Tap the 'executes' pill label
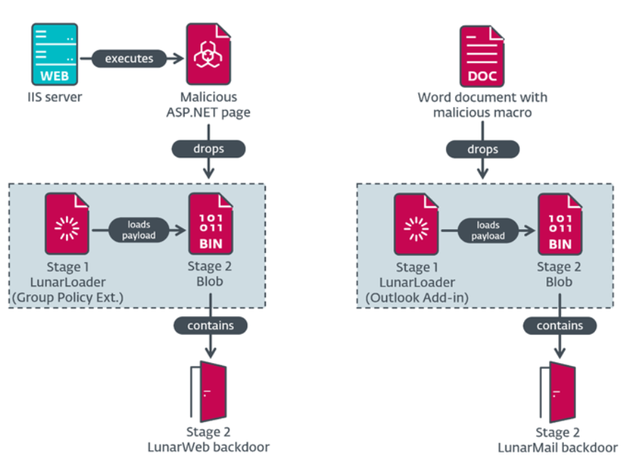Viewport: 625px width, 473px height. pos(129,58)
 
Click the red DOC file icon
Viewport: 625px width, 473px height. pos(483,55)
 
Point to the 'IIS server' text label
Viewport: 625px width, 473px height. pos(54,96)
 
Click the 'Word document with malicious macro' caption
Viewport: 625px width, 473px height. pos(483,104)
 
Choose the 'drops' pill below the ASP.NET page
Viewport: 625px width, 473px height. pos(209,150)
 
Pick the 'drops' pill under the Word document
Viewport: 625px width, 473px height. pos(483,150)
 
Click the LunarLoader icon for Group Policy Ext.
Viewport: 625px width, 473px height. pos(67,223)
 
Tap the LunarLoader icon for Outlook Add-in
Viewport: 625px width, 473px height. pos(415,223)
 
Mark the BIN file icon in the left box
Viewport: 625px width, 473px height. pos(210,223)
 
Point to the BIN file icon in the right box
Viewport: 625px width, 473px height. pos(558,223)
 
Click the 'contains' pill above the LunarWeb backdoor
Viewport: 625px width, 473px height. pos(210,325)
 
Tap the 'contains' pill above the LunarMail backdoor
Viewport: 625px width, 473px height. pos(558,325)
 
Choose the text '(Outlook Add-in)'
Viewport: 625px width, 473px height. pos(415,296)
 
